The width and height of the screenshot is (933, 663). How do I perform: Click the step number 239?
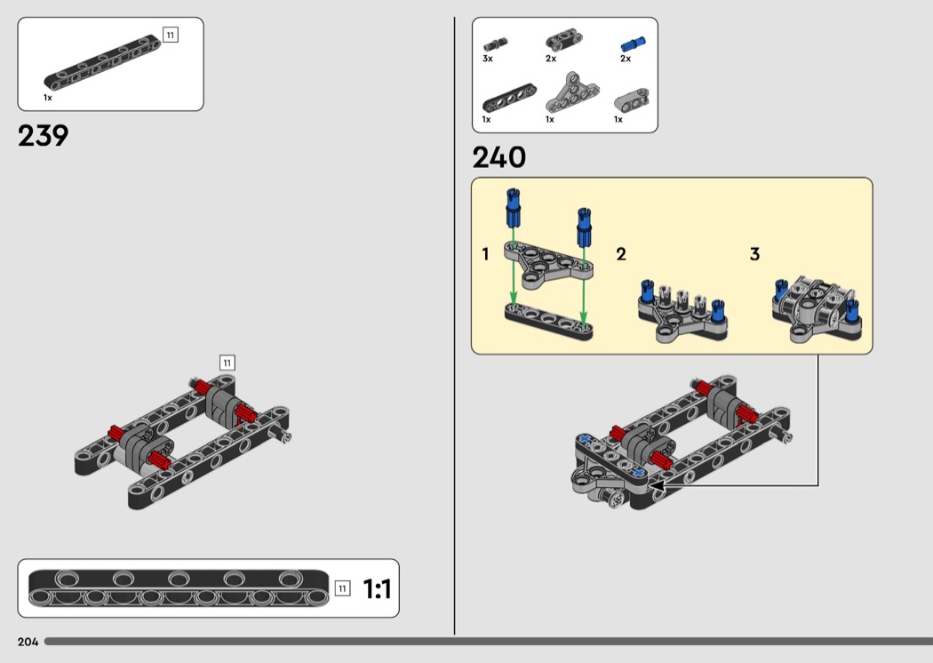(43, 136)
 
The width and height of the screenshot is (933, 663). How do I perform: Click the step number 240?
(498, 157)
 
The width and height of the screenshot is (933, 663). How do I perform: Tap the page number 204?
(28, 642)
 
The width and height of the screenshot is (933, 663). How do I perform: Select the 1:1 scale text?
(378, 589)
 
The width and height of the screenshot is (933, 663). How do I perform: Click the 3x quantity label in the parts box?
(487, 59)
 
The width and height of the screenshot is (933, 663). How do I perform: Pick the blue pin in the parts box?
(633, 44)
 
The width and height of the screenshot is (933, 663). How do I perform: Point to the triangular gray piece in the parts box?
(572, 92)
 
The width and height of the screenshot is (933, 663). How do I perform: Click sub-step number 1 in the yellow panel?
(485, 254)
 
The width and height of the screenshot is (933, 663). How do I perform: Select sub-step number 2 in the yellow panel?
(621, 254)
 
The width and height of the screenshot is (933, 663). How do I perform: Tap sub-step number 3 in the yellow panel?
(755, 254)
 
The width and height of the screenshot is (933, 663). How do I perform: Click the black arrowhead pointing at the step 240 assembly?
(657, 485)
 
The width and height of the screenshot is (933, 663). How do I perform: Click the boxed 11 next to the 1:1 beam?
(342, 588)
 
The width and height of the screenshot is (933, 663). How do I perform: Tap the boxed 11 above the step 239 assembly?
(227, 363)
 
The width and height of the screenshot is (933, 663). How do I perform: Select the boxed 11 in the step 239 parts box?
(171, 36)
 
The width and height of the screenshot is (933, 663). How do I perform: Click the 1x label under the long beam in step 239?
(48, 98)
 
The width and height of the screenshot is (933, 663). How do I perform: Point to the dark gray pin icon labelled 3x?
(495, 44)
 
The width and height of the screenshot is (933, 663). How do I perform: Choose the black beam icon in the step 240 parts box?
(509, 98)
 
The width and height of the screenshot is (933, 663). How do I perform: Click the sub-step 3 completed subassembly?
(817, 309)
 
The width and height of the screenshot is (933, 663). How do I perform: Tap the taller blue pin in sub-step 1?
(513, 208)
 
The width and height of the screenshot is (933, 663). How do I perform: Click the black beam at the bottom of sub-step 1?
(548, 322)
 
